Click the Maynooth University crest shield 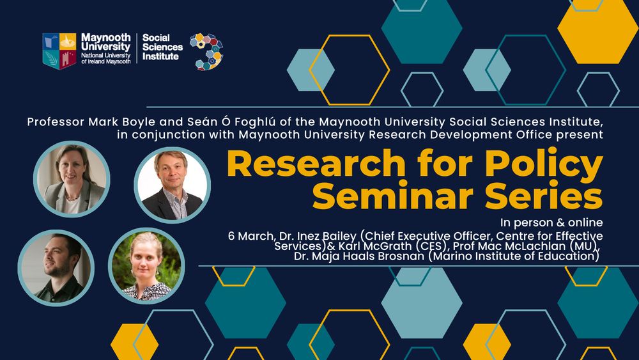[x=59, y=51]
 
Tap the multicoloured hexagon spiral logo [x=206, y=51]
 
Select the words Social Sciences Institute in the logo [x=162, y=47]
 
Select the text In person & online [x=551, y=223]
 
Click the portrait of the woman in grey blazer [x=72, y=179]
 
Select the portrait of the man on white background [x=173, y=185]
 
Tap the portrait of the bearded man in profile [x=56, y=268]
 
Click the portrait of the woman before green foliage [x=146, y=266]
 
